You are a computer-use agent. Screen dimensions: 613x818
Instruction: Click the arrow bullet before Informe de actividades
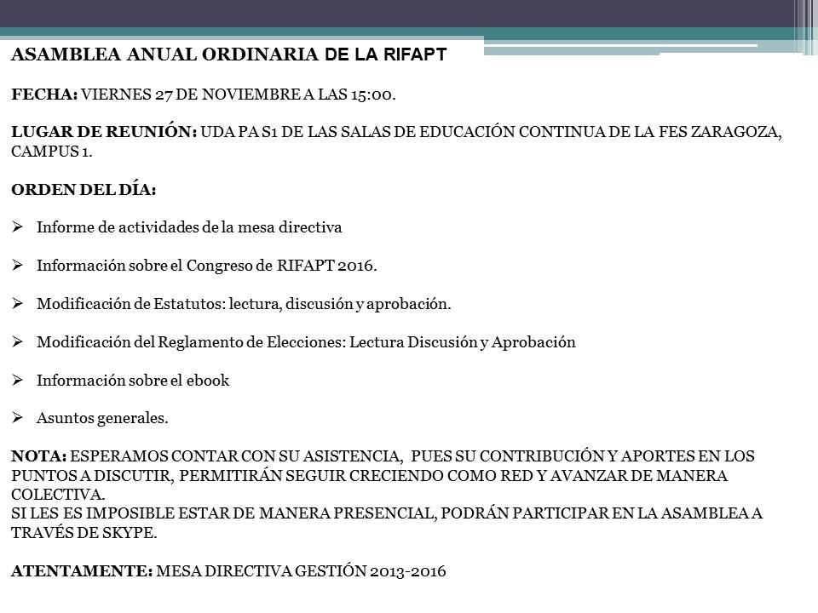pyautogui.click(x=17, y=227)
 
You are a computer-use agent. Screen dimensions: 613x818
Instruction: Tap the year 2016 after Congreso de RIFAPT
pyautogui.click(x=355, y=266)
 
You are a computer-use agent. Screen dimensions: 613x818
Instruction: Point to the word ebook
pyautogui.click(x=209, y=381)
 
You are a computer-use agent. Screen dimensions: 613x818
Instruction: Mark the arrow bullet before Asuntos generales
pyautogui.click(x=17, y=418)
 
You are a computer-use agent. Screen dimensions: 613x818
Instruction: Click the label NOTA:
pyautogui.click(x=38, y=456)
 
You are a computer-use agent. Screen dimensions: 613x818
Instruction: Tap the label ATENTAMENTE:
pyautogui.click(x=81, y=571)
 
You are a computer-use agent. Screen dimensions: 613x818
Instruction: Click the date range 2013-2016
pyautogui.click(x=407, y=571)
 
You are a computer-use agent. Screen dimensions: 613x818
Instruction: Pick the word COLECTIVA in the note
pyautogui.click(x=57, y=494)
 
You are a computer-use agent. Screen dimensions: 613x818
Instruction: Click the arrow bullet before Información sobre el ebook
pyautogui.click(x=17, y=381)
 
